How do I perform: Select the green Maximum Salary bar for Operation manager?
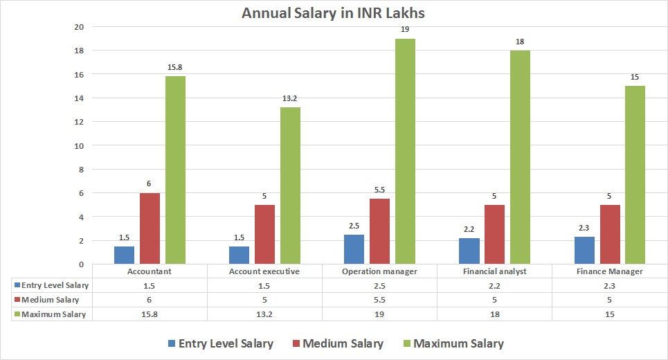[x=405, y=151]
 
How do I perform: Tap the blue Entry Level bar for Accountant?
[x=125, y=255]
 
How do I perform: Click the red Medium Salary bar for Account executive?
[x=264, y=234]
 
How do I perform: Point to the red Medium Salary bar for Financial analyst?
[x=495, y=234]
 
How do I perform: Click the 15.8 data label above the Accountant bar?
[x=175, y=67]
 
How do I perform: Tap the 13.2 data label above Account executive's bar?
[x=290, y=98]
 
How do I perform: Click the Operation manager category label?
[x=380, y=271]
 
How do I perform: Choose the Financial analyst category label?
[x=495, y=271]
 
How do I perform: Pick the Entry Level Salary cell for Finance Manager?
[x=610, y=285]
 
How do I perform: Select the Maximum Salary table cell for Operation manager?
[x=380, y=314]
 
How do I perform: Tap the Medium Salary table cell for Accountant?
[x=150, y=300]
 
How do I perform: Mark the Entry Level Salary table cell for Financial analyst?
[x=495, y=285]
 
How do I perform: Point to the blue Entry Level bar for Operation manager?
[x=354, y=249]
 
